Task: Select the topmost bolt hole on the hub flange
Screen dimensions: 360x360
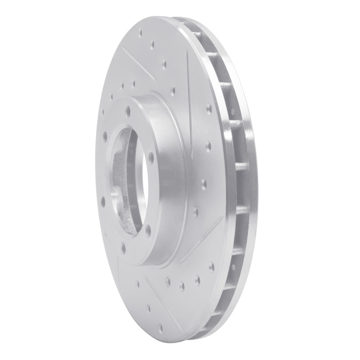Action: point(128,108)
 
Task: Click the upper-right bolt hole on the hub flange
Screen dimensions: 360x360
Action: point(151,156)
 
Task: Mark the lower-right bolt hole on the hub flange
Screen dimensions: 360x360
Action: point(148,228)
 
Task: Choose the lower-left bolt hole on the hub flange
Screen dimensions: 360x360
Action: point(103,198)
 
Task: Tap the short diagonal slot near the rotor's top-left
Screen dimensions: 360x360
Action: point(135,63)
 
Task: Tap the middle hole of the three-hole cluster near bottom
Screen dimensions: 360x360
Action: point(182,284)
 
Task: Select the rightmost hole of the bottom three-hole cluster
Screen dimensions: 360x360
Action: point(197,279)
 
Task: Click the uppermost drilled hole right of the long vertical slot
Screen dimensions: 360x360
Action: point(209,107)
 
